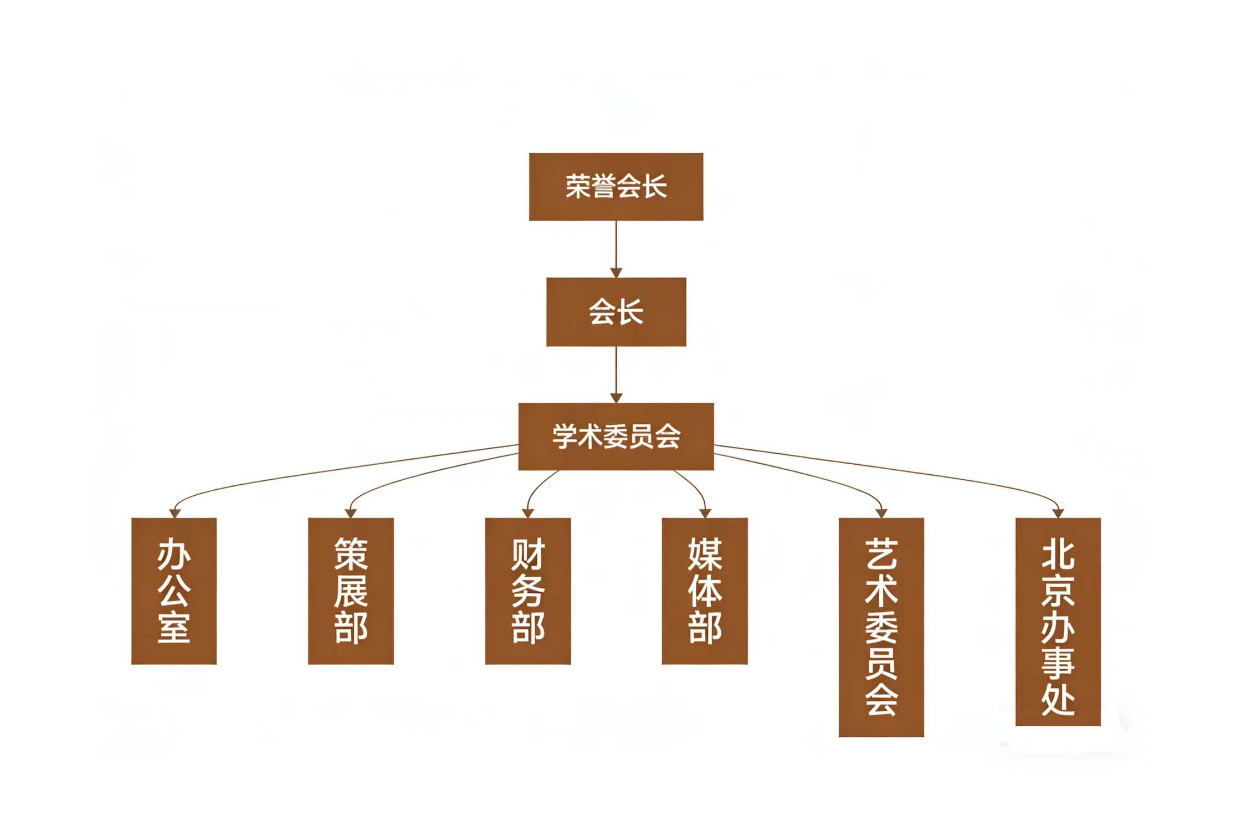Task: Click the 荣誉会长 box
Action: coord(616,187)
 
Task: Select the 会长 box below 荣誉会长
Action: coord(616,312)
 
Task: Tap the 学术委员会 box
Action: coord(616,437)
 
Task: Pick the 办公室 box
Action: coord(174,591)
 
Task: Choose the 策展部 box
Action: coord(351,591)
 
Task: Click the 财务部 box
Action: coord(528,591)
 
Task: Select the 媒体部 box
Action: coord(705,591)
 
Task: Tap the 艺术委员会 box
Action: coord(881,627)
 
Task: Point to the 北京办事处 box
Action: coord(1058,622)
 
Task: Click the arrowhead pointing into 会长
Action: coord(616,273)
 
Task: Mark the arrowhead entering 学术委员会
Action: coord(616,398)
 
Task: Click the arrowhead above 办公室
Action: coord(175,514)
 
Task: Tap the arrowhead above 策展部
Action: coord(351,514)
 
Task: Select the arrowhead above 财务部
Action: coord(528,514)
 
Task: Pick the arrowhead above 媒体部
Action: coord(705,514)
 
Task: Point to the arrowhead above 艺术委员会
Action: coord(881,514)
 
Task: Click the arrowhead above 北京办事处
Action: coord(1058,514)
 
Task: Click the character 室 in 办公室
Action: coord(174,628)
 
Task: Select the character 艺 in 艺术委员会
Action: coord(881,555)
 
